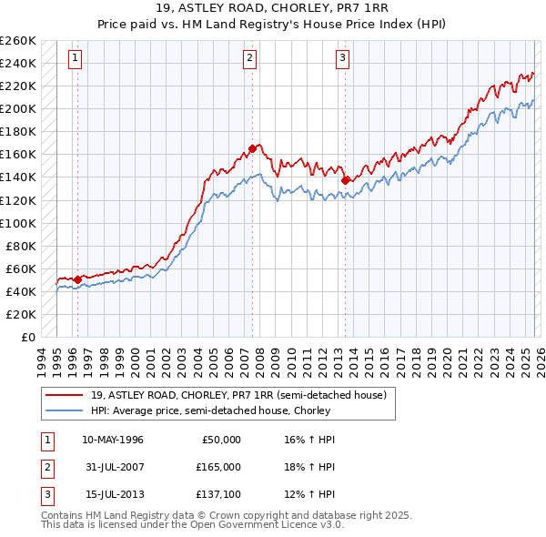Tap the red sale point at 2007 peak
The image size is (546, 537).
252,148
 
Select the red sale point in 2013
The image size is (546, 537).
345,180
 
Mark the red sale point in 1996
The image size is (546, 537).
77,279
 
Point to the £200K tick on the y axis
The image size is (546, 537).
18,108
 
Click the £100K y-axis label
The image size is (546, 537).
18,223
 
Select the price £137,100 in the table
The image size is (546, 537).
217,494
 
